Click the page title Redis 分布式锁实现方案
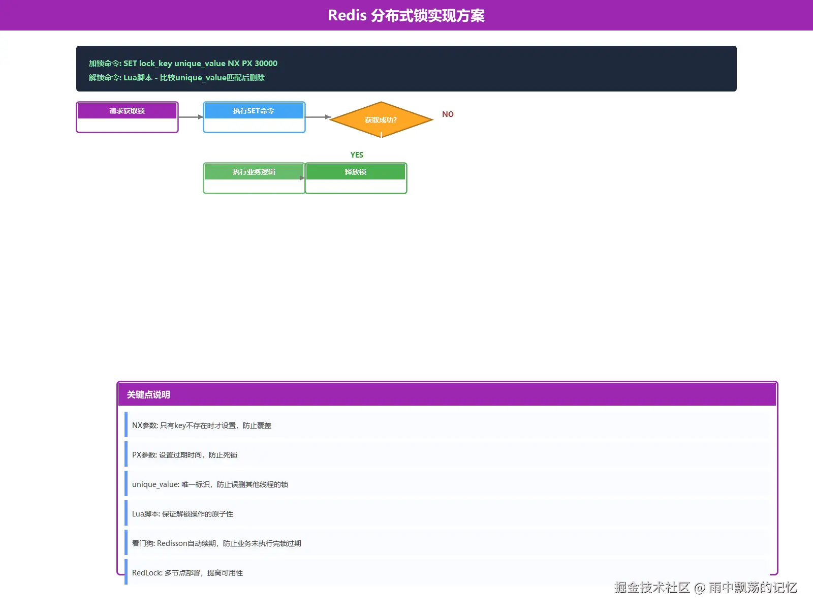(407, 16)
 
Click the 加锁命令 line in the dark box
(183, 64)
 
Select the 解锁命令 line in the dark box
(177, 77)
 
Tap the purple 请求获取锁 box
(127, 117)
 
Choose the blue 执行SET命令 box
(254, 117)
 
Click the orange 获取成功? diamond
(381, 119)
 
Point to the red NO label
(448, 114)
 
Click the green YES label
(357, 155)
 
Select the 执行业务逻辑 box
(254, 178)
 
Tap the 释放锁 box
(356, 178)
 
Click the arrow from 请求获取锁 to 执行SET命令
(191, 117)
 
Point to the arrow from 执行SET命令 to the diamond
(318, 117)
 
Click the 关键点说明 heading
(148, 395)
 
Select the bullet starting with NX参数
(202, 425)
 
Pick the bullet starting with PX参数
(184, 455)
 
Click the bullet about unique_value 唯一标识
(210, 484)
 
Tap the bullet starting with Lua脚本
(182, 514)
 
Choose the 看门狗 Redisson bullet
(216, 543)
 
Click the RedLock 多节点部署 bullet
(187, 572)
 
